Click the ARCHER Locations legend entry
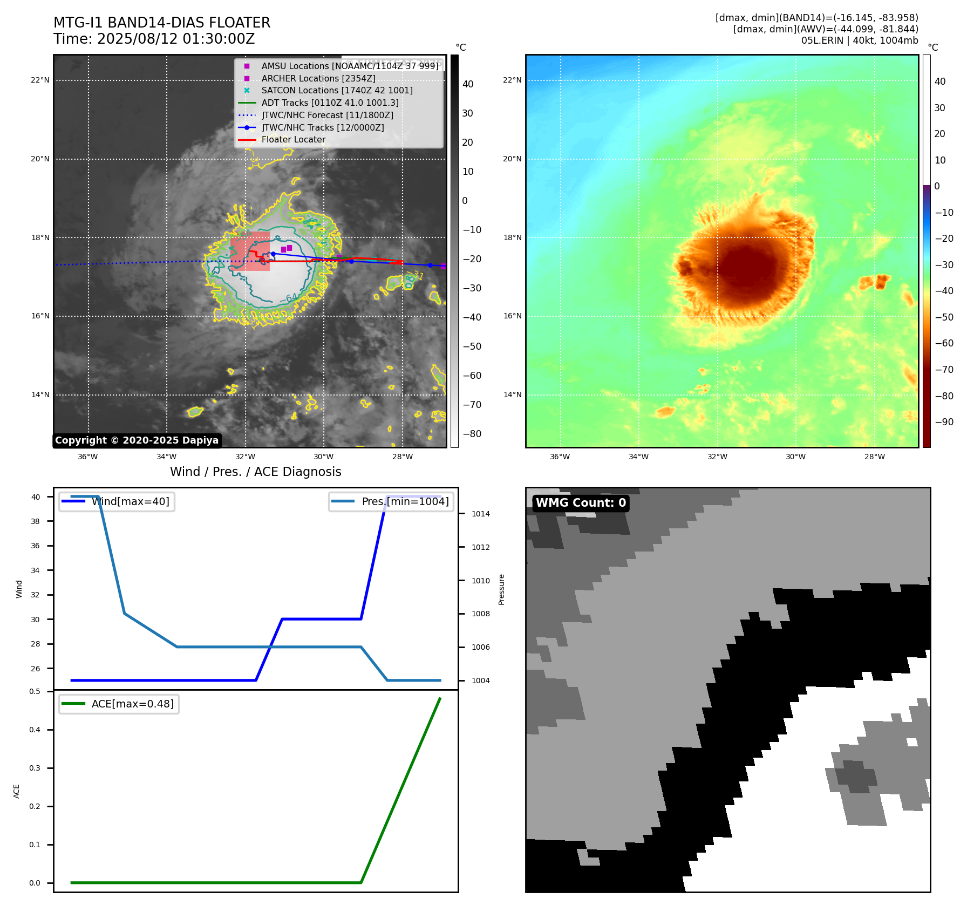(318, 78)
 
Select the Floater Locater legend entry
(293, 140)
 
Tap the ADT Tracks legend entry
(330, 103)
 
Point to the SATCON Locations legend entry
(337, 91)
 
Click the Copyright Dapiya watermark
(137, 440)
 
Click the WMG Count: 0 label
(581, 503)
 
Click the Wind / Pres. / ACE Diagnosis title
(256, 472)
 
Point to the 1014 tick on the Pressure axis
(480, 514)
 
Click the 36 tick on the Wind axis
(36, 546)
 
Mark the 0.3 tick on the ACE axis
(35, 768)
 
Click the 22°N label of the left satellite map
(40, 80)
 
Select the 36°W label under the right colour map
(560, 457)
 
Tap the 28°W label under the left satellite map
(402, 457)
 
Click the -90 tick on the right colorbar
(944, 422)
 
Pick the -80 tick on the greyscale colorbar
(472, 434)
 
